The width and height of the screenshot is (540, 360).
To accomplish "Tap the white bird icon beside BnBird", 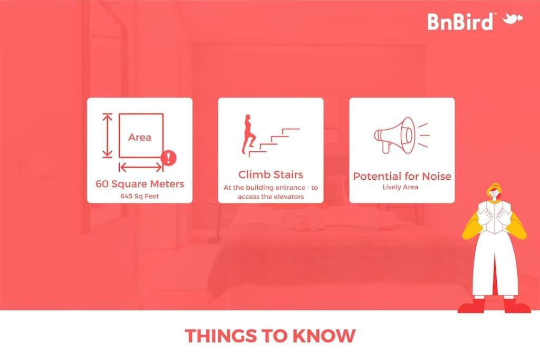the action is pos(513,19).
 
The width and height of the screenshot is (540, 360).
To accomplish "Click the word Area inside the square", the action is pos(139,138).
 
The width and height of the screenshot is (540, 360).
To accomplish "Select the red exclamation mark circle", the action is pos(168,158).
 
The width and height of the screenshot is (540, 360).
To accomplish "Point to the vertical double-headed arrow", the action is pos(108,135).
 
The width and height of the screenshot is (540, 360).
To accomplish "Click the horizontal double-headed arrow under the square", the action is pos(141,168).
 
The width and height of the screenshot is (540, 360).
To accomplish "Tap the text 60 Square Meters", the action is pos(140,184).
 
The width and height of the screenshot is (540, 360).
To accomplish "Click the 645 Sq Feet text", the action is pos(140,196).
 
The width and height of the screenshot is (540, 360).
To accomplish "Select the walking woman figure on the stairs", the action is pos(249,134).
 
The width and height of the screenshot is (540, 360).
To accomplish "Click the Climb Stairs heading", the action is pos(271,174).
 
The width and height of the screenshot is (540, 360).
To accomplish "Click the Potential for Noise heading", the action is pos(402,176).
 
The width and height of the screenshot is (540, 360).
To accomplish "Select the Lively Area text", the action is pos(400,187).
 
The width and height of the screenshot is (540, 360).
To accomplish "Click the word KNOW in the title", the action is pos(323,336).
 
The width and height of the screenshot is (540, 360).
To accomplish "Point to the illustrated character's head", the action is pos(494,193).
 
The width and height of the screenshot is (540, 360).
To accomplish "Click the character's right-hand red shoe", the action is pos(517,305).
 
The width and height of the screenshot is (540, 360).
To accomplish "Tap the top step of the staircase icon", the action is pos(291,130).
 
